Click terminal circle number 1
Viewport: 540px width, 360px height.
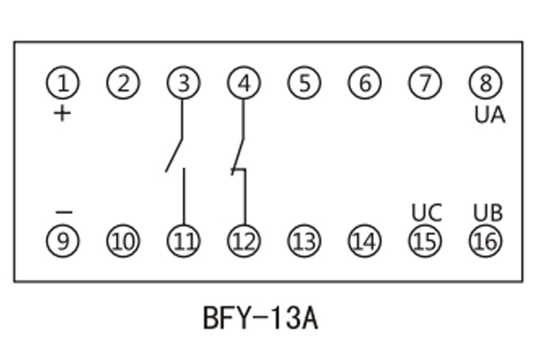pos(63,84)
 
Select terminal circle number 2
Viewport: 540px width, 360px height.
pos(123,84)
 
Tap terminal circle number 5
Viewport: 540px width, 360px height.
pos(304,84)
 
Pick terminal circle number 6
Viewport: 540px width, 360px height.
pos(364,84)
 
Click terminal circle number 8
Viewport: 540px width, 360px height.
pos(485,84)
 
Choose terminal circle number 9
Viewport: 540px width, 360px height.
pos(63,241)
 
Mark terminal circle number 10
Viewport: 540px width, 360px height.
pos(123,241)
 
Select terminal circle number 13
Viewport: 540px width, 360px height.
pos(304,241)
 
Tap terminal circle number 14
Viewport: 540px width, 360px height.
pos(364,241)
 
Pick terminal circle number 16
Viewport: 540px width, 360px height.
pos(485,241)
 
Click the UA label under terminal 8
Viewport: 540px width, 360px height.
pos(490,115)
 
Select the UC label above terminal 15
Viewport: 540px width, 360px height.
pos(427,213)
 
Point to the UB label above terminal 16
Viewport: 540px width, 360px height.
pos(488,213)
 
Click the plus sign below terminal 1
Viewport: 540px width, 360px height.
pos(62,114)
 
